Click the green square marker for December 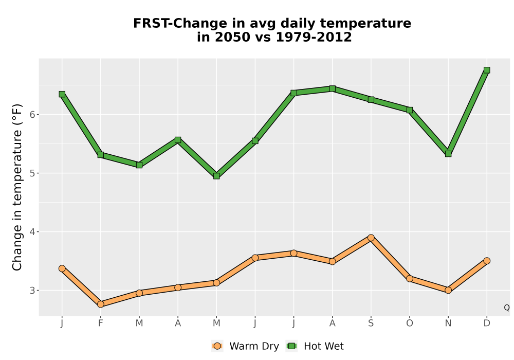(x=487, y=70)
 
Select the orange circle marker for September (x=371, y=238)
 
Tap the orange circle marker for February (x=101, y=304)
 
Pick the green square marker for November (x=448, y=154)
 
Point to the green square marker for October (x=410, y=110)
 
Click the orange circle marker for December (x=487, y=261)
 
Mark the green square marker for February (x=101, y=155)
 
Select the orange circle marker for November (x=448, y=290)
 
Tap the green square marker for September (x=371, y=100)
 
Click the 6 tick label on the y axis (x=32, y=114)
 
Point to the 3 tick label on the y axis (x=32, y=291)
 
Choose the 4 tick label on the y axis (x=32, y=232)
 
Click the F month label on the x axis (x=101, y=323)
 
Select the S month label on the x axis (x=371, y=323)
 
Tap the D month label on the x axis (x=487, y=323)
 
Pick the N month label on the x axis (x=448, y=323)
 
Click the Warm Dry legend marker (x=217, y=346)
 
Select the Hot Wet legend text (x=324, y=346)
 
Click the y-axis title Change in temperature (x=17, y=187)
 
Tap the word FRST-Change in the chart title (x=179, y=24)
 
